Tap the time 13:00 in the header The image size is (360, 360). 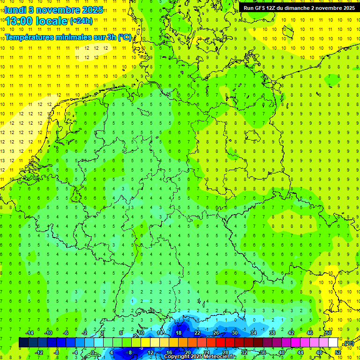(19, 21)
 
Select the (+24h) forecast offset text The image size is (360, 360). (81, 21)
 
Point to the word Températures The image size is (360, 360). (27, 37)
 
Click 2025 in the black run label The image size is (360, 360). (347, 8)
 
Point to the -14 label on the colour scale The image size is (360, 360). (29, 333)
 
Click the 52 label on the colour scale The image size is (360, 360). (338, 352)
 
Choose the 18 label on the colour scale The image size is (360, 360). (179, 333)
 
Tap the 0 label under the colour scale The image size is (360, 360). (93, 352)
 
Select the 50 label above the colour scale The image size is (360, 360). (329, 333)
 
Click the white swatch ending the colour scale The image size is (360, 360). (333, 343)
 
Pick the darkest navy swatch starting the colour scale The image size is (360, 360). (23, 343)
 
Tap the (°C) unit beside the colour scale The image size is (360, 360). (348, 344)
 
